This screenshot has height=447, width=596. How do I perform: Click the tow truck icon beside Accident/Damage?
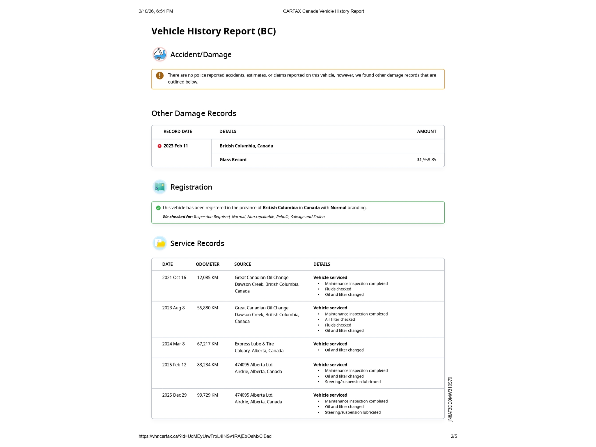(x=160, y=54)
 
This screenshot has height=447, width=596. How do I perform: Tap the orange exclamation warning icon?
(x=160, y=76)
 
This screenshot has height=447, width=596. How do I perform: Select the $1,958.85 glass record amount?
(x=426, y=160)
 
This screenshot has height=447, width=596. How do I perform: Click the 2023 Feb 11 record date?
(x=175, y=146)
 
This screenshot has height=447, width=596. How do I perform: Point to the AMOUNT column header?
(x=426, y=132)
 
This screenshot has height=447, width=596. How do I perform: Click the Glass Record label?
(x=233, y=160)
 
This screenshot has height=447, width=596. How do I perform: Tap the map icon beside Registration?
(x=160, y=187)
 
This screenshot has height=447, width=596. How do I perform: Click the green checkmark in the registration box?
(x=158, y=208)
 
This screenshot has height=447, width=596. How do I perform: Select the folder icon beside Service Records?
(x=160, y=243)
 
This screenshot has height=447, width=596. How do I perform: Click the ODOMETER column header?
(x=207, y=264)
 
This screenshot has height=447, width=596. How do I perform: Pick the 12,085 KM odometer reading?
(x=207, y=278)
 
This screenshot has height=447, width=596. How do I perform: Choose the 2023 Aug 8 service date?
(x=173, y=308)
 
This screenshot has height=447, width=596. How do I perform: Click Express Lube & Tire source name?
(x=254, y=344)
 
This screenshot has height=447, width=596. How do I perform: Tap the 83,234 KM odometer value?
(x=207, y=365)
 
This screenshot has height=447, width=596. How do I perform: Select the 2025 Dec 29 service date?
(x=174, y=395)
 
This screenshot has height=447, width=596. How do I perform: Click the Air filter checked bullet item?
(x=340, y=320)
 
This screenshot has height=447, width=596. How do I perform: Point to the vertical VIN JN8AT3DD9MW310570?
(x=450, y=399)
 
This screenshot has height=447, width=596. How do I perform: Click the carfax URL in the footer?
(x=205, y=436)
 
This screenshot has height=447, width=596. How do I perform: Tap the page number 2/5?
(x=454, y=436)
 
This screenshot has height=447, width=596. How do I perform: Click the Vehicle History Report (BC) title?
(x=214, y=31)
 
